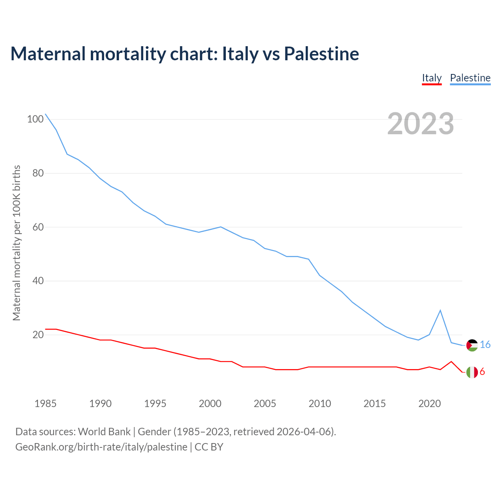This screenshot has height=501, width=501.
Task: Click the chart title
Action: pos(184,54)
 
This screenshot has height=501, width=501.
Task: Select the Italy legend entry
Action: pos(432,78)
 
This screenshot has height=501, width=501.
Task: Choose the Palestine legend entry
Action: pos(470,78)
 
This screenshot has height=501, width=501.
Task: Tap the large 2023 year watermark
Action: pos(420,124)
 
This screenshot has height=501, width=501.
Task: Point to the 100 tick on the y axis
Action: pos(35,119)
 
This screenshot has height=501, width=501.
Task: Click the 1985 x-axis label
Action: pos(45,404)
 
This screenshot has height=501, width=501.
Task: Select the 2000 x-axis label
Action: pos(210,404)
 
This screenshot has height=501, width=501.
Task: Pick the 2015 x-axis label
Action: pos(375,404)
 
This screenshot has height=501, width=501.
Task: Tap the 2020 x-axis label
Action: pos(429,404)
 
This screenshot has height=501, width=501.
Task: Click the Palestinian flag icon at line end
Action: pos(472,345)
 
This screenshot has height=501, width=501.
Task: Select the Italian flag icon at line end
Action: pos(472,372)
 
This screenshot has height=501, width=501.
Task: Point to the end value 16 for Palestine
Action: pos(485,344)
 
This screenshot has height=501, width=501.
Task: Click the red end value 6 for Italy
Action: pos(482,372)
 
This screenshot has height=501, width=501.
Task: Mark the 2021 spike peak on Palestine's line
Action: pos(440,310)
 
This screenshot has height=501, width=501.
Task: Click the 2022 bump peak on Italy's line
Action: pos(451,362)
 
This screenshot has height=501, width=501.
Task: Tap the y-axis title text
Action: pos(16,243)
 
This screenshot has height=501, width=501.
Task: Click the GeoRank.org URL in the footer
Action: pos(101,447)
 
